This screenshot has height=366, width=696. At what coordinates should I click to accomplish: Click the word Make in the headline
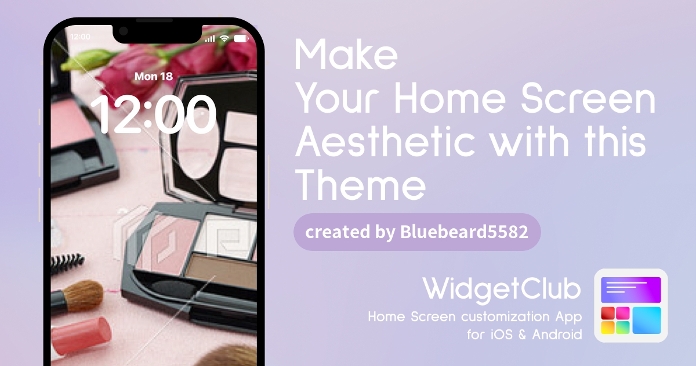point(346,54)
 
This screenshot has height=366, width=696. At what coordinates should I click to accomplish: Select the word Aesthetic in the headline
point(385,142)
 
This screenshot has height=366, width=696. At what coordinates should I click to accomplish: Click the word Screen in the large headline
point(588,98)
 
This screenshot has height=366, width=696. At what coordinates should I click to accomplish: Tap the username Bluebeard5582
point(464,232)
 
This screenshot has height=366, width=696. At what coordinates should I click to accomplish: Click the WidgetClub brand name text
point(502,289)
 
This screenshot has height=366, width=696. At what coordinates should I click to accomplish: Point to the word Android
point(557,335)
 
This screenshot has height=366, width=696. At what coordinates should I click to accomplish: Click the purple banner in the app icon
point(631,290)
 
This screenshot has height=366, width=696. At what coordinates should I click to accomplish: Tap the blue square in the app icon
point(647,320)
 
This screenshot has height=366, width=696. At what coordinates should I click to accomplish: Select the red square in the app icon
point(608,313)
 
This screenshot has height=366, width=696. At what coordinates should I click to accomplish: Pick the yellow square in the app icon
point(608,328)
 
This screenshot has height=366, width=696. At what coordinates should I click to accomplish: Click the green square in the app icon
point(623,328)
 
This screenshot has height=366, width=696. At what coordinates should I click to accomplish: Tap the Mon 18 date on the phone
point(154,77)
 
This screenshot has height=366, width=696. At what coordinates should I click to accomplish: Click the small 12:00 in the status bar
point(80,37)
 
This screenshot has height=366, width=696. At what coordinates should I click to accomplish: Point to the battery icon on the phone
point(241,38)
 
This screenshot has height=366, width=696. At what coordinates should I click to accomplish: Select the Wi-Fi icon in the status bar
point(224,38)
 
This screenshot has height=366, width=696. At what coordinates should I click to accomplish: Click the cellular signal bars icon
point(210,38)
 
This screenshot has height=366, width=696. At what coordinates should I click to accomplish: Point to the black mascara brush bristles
point(67,263)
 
